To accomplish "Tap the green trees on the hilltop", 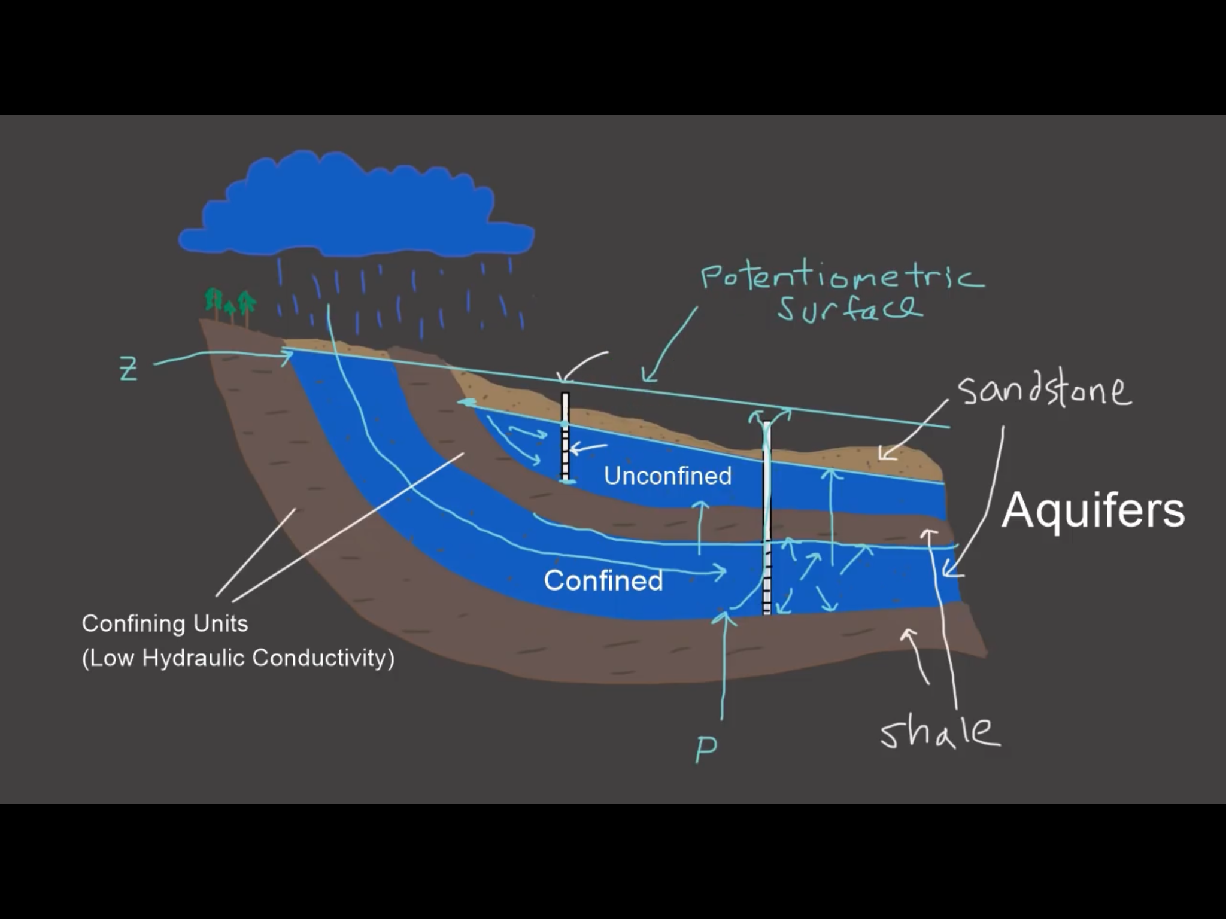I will pos(230,303).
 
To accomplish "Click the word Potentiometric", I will pos(841,278).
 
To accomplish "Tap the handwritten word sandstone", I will pos(1044,390).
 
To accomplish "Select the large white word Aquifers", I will pos(1093,510).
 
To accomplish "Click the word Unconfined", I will pos(667,476).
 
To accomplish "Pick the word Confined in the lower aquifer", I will pos(603,580).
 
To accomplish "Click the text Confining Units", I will pos(165,623).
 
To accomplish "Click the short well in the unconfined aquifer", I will pos(565,437).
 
